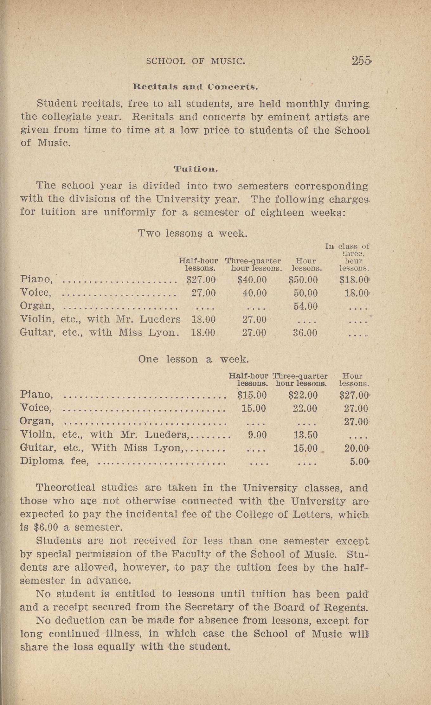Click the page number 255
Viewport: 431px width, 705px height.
pos(361,60)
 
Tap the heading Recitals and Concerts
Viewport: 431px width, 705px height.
pos(195,87)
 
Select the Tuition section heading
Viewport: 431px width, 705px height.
pos(196,169)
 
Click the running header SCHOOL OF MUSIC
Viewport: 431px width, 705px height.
pos(196,61)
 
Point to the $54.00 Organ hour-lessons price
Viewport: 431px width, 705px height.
pos(306,306)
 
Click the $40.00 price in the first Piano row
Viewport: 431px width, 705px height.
pos(252,280)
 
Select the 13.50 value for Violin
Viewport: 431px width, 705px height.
pos(305,435)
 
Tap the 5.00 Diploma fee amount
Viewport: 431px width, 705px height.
pos(359,461)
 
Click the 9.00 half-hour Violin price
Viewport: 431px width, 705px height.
pos(257,435)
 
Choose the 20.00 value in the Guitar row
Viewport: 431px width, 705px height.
pos(357,448)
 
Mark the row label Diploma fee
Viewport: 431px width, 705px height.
pos(54,461)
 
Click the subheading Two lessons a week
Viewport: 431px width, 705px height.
pos(193,234)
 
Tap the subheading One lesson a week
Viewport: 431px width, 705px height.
pos(193,359)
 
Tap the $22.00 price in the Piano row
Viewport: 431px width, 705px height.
pos(303,395)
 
